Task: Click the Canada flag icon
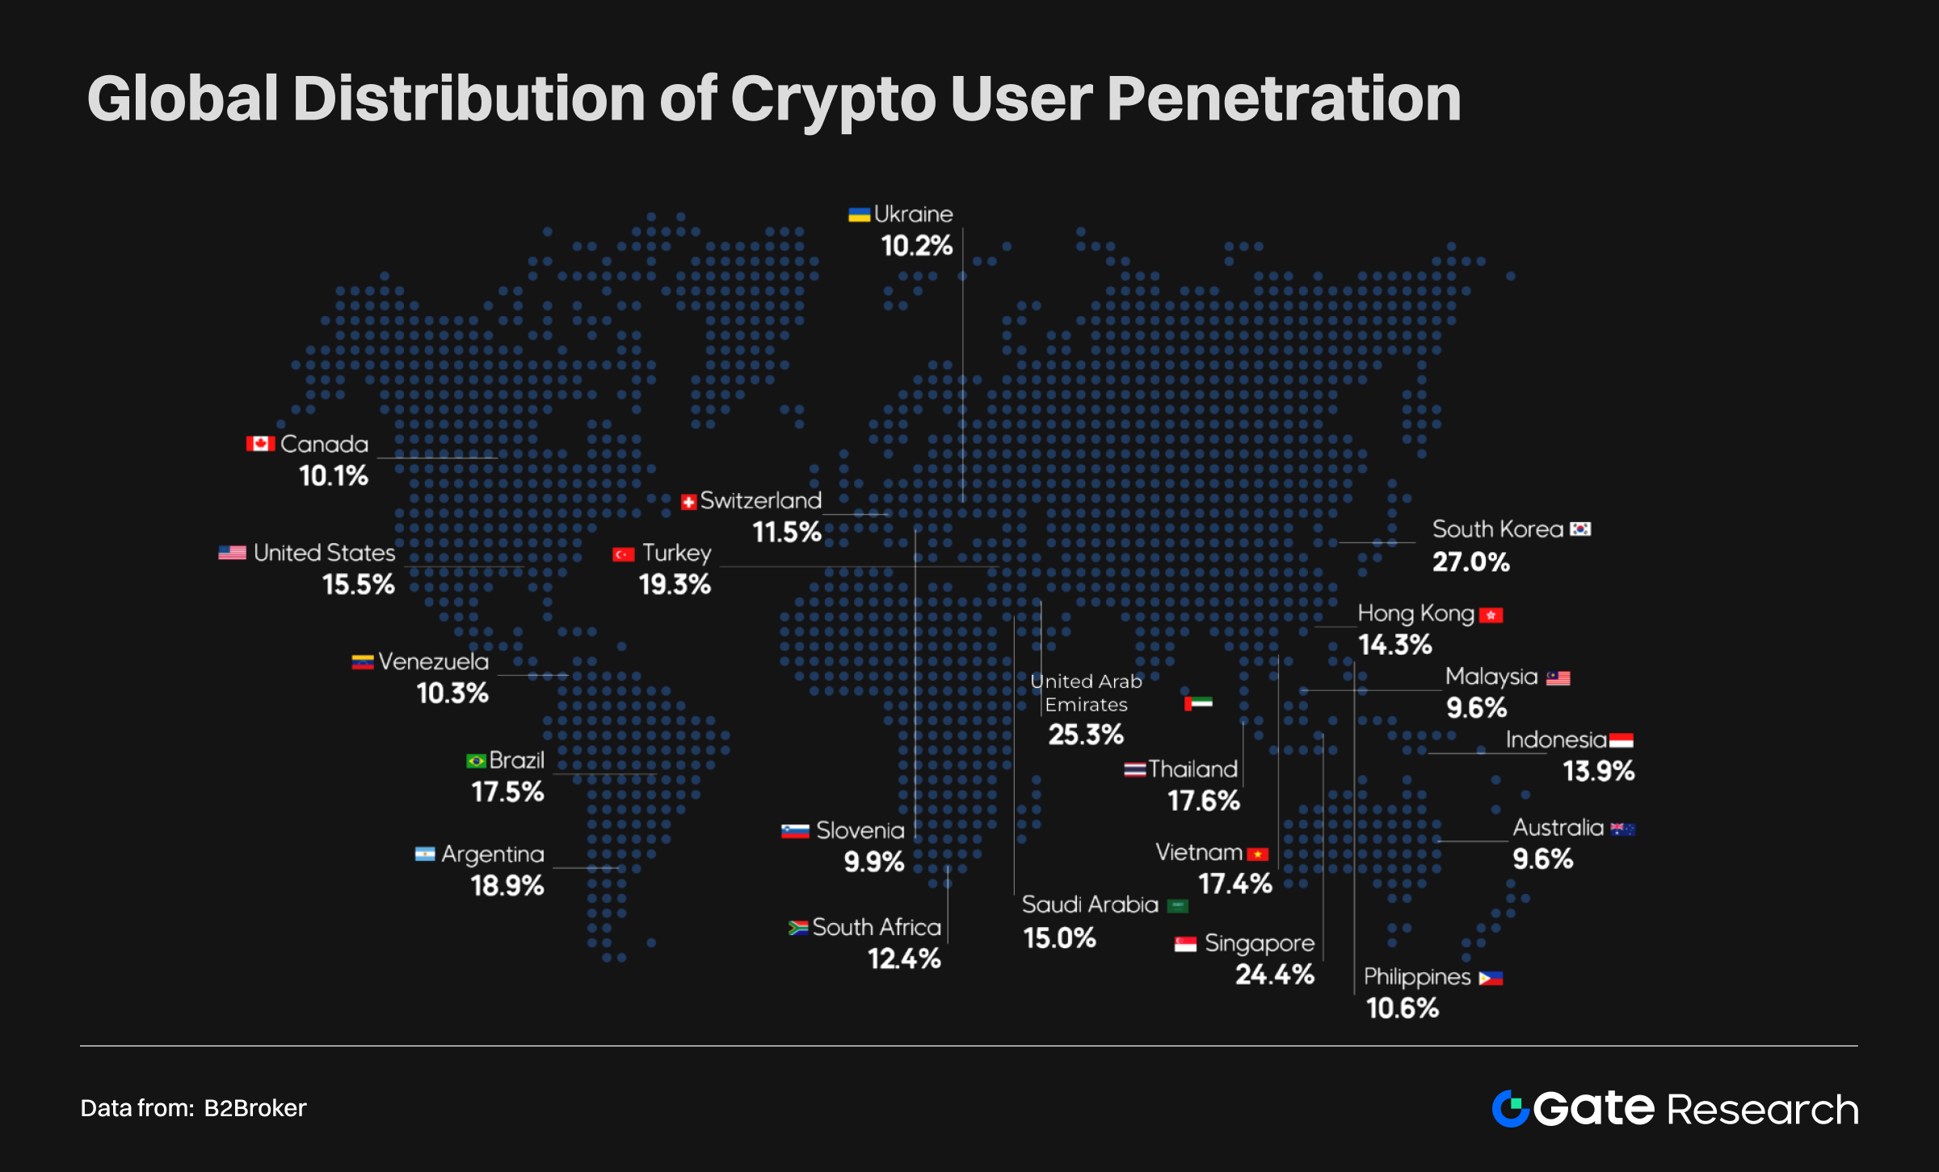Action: [x=260, y=444]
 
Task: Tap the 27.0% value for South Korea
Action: [x=1470, y=562]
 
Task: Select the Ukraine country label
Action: [x=913, y=214]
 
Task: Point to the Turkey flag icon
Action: [x=623, y=554]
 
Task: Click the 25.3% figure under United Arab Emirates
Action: [x=1085, y=734]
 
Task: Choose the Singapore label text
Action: [x=1259, y=943]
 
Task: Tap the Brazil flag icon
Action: [x=476, y=761]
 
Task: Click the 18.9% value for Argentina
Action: [x=507, y=886]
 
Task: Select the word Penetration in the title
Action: [x=1283, y=99]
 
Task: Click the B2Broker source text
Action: [x=254, y=1108]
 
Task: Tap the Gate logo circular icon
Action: [x=1510, y=1108]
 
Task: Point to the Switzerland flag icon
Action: [x=688, y=503]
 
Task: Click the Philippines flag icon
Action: [x=1490, y=979]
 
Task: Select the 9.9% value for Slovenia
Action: [x=873, y=862]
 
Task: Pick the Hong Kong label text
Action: [x=1415, y=613]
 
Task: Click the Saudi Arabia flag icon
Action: [x=1178, y=906]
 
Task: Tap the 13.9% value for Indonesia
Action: [x=1598, y=771]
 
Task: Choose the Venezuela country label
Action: [x=433, y=662]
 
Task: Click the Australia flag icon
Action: [x=1622, y=829]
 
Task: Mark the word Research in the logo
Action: [x=1762, y=1110]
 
